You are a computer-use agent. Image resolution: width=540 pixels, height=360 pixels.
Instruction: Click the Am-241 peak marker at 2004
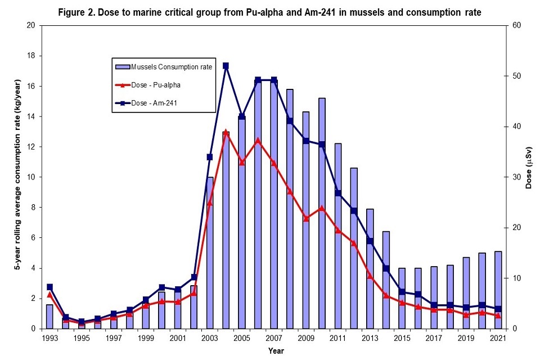click(226, 66)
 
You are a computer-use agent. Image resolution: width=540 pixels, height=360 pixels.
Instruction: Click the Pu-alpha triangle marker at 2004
click(226, 132)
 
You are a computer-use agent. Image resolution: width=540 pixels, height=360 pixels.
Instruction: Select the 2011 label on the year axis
click(337, 339)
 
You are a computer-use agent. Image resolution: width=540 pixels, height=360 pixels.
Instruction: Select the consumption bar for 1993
click(49, 317)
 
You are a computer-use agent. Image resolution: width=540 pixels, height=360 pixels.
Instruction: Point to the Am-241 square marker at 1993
click(49, 287)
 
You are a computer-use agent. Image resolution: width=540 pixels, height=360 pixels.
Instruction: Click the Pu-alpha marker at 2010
click(322, 208)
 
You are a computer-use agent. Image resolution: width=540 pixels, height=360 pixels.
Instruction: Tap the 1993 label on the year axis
click(49, 339)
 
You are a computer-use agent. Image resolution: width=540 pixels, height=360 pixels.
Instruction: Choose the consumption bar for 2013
click(370, 269)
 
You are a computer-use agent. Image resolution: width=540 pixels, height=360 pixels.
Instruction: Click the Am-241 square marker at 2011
click(337, 193)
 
